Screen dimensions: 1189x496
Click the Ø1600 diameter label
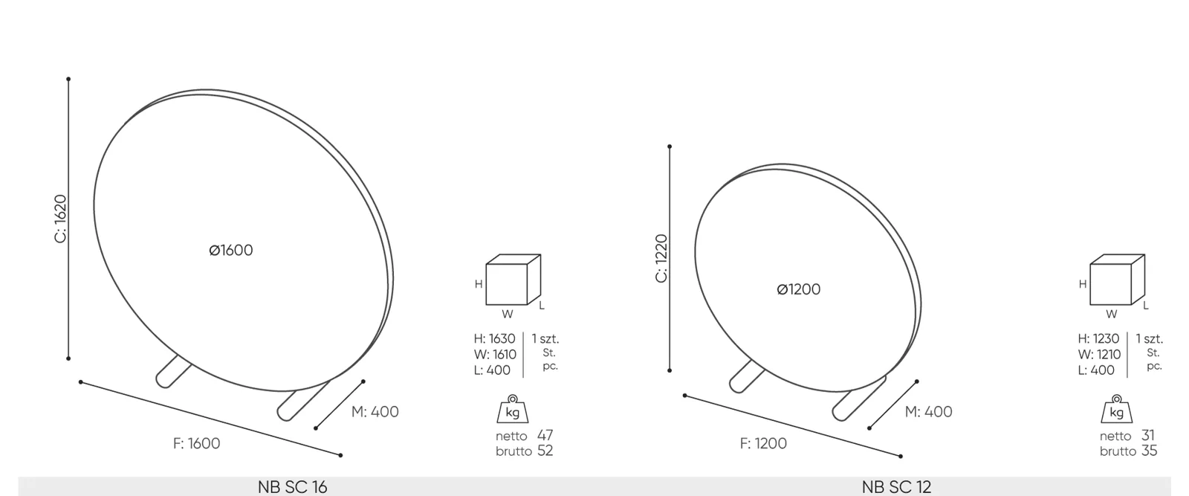click(231, 250)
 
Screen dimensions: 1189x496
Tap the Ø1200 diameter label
click(798, 289)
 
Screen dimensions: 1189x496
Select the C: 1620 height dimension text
click(60, 219)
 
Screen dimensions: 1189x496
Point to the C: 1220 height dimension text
click(661, 258)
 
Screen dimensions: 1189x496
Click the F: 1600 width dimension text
click(196, 443)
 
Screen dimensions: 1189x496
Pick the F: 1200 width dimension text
click(763, 443)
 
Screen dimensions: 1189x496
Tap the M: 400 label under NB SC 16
click(375, 411)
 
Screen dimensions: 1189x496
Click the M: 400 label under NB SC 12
click(928, 411)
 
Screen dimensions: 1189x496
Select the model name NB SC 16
click(293, 487)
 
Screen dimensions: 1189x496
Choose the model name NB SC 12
click(896, 487)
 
